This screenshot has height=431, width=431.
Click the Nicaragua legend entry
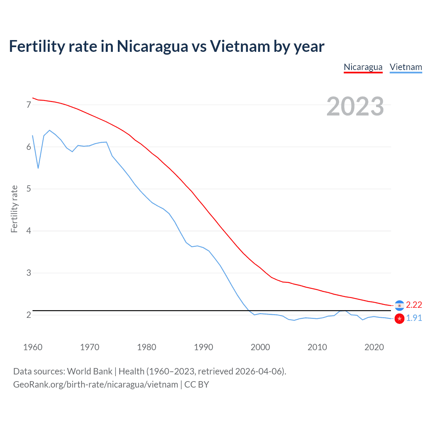point(363,67)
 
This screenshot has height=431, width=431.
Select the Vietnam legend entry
point(406,67)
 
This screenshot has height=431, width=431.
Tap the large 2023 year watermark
point(355,106)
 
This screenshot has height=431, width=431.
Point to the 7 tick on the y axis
point(29,105)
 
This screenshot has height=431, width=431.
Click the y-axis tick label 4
point(29,231)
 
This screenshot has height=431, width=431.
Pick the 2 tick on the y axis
point(29,315)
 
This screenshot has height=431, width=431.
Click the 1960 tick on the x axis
point(33,347)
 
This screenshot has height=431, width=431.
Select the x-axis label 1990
point(203,347)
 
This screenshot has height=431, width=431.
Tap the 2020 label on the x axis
point(374,347)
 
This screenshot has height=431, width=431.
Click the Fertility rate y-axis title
point(14,209)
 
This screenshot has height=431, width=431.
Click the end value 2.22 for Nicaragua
point(414,305)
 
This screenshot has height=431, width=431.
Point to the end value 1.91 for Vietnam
point(414,318)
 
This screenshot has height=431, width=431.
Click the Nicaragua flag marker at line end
point(399,305)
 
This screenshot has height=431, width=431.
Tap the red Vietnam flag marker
point(399,319)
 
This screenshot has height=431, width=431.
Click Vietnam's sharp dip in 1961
point(38,168)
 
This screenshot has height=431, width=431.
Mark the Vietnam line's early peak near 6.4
point(49,130)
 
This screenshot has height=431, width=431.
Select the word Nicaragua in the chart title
point(152,46)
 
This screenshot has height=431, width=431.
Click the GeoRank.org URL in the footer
point(95,385)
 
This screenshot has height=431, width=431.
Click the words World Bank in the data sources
point(90,371)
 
